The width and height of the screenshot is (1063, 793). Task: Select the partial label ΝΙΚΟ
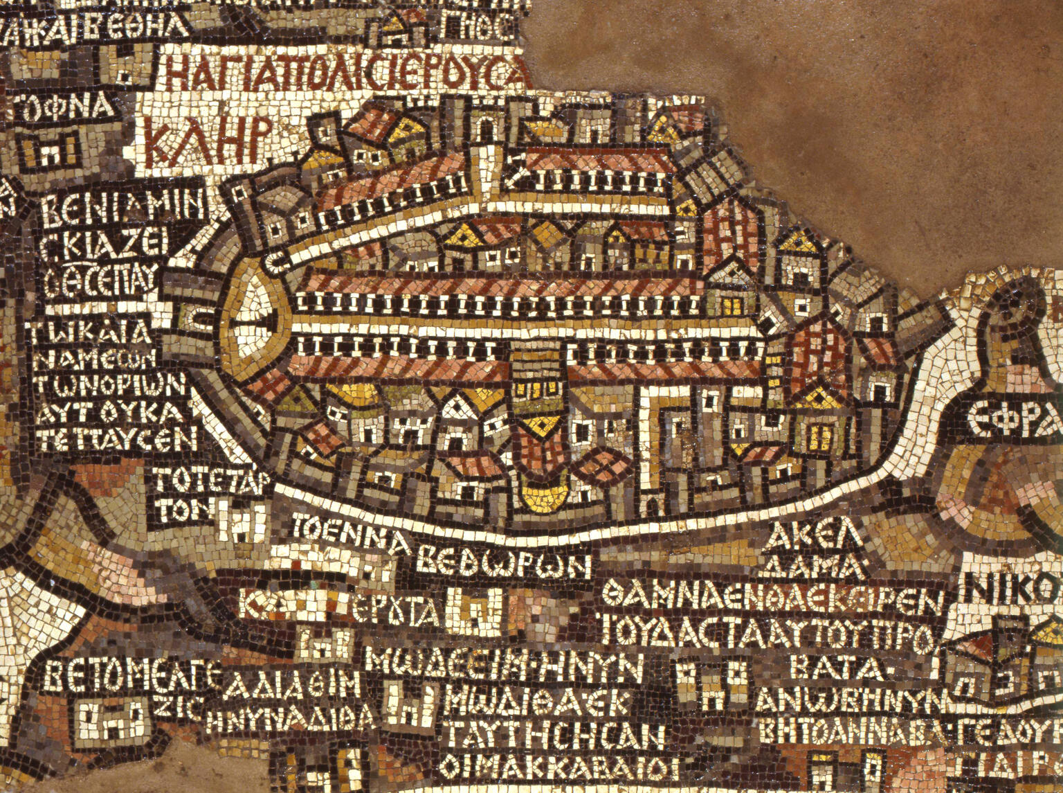[x=1013, y=589]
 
